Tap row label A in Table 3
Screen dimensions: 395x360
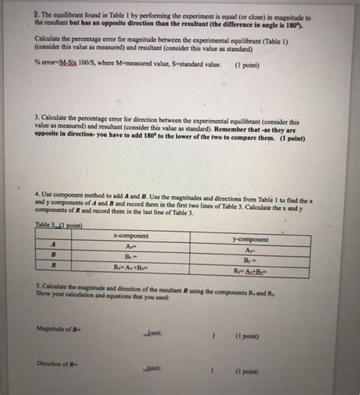pos(53,244)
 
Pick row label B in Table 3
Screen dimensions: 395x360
pos(53,255)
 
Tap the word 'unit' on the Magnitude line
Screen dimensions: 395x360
pos(153,333)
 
